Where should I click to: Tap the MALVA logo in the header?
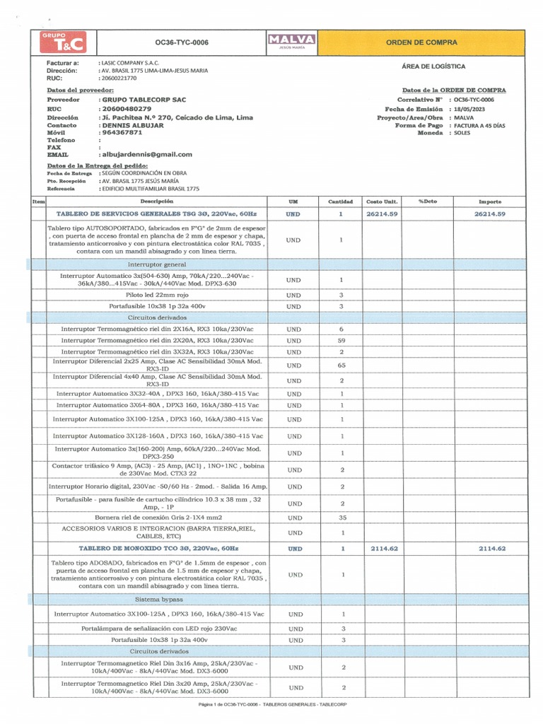pyautogui.click(x=292, y=41)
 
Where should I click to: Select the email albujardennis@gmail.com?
pyautogui.click(x=147, y=154)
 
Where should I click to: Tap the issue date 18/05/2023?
pyautogui.click(x=470, y=109)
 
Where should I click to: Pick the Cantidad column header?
pyautogui.click(x=341, y=202)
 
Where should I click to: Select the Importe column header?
pyautogui.click(x=490, y=202)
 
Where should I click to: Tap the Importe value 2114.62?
pyautogui.click(x=492, y=549)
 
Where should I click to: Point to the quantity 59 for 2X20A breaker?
pyautogui.click(x=341, y=340)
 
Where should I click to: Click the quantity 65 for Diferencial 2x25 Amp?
pyautogui.click(x=341, y=366)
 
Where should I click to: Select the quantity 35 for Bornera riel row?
pyautogui.click(x=341, y=518)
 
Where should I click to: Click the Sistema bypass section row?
pyautogui.click(x=158, y=599)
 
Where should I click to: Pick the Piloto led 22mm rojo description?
pyautogui.click(x=158, y=294)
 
